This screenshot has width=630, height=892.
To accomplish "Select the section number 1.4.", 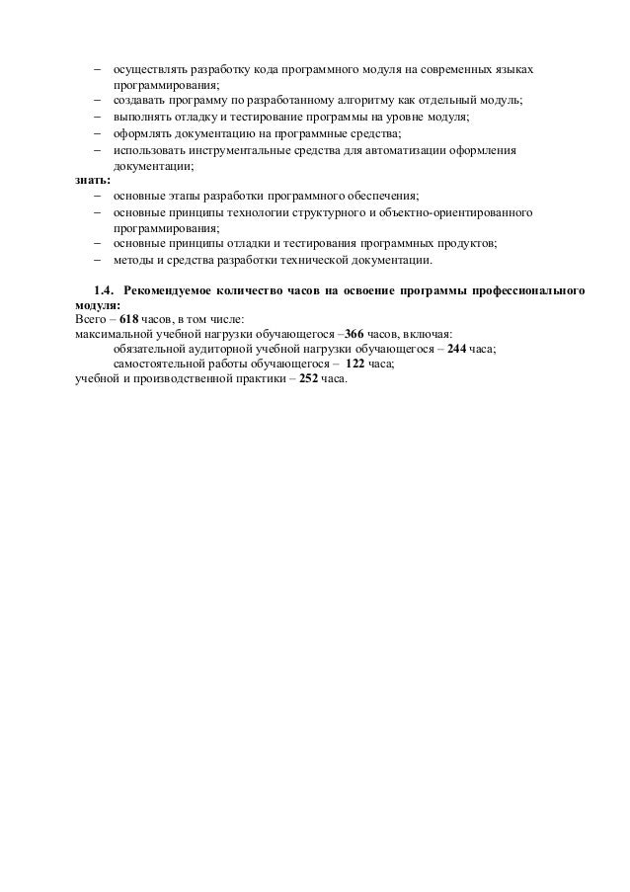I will click(x=104, y=291).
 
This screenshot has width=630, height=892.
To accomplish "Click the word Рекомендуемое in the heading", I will click(x=178, y=291).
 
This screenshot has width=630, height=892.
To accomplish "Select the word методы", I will click(x=133, y=260).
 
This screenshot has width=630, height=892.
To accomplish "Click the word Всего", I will click(x=91, y=321).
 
